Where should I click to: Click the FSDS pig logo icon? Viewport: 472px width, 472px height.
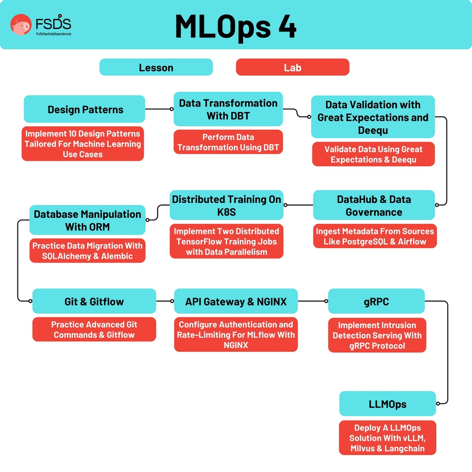(21, 24)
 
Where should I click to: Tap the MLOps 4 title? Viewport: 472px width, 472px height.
(236, 26)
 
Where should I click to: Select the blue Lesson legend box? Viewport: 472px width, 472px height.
(156, 67)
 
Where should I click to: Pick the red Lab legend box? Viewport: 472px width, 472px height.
(292, 67)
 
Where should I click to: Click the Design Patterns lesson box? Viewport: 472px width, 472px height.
(84, 109)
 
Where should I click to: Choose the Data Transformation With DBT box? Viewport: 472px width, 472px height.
(228, 109)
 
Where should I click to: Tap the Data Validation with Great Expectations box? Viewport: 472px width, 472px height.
(373, 117)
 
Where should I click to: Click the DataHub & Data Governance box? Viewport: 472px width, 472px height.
(374, 205)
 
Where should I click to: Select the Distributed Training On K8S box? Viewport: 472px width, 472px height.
(226, 205)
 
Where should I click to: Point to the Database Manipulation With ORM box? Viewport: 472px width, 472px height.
(87, 220)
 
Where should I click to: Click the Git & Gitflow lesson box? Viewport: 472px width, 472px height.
(94, 301)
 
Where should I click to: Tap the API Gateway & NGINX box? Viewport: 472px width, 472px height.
(236, 301)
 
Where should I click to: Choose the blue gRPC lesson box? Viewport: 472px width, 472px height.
(376, 301)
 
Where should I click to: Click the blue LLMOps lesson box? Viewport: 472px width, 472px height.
(388, 404)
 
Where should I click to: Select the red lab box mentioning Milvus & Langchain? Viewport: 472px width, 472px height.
(388, 438)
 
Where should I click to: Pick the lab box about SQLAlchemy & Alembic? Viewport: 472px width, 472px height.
(87, 251)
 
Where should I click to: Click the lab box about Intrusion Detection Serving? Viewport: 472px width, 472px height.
(377, 336)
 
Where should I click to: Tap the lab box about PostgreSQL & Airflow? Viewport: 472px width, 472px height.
(375, 236)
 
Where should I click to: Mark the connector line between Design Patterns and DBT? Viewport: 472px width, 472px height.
(159, 109)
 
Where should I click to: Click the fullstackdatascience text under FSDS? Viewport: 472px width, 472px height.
(53, 34)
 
